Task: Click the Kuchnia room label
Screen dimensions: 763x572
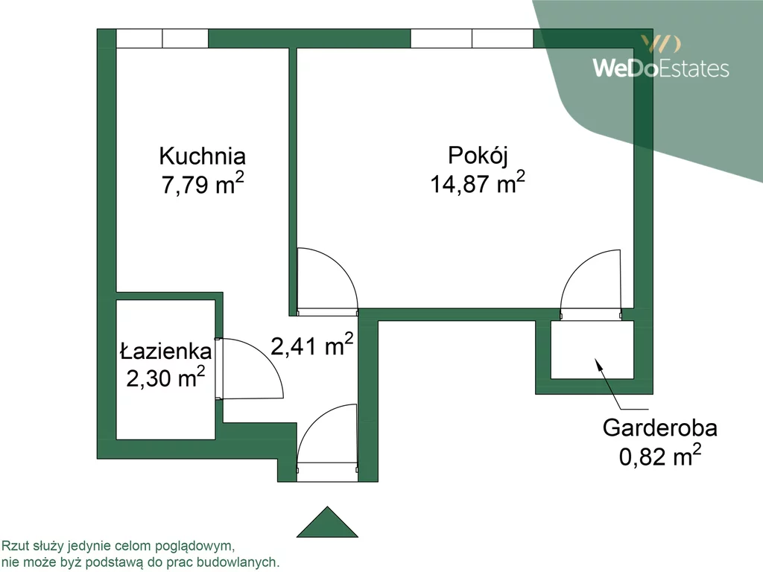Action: (x=202, y=156)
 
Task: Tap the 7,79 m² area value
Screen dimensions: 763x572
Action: (x=203, y=183)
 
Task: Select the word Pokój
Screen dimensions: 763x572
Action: (x=478, y=156)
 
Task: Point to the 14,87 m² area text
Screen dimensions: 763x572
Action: (x=478, y=182)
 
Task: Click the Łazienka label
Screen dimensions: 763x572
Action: (x=166, y=352)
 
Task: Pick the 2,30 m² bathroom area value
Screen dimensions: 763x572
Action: (x=165, y=377)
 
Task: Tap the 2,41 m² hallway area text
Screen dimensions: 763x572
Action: (x=312, y=345)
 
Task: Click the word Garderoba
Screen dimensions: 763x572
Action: (x=660, y=428)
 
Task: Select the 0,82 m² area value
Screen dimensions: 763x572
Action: (x=660, y=456)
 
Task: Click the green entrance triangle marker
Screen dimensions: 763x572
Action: (x=328, y=523)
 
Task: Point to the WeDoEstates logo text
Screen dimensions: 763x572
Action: (x=661, y=68)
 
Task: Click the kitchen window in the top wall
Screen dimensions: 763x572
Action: (x=162, y=39)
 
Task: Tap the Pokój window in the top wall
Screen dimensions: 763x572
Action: (x=472, y=39)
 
